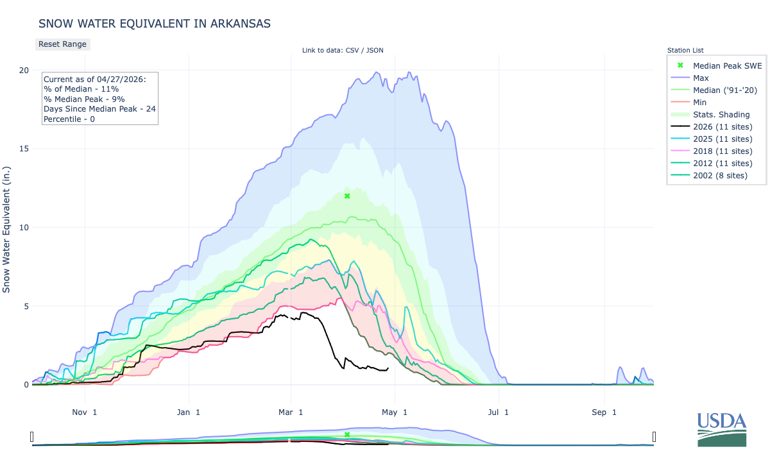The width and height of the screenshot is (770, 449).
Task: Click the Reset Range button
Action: click(x=62, y=44)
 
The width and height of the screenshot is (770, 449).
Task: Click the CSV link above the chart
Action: click(x=352, y=51)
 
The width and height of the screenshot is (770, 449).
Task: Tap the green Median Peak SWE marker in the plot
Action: click(x=347, y=196)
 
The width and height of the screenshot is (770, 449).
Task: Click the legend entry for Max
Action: click(x=701, y=78)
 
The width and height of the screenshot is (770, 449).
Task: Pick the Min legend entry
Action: click(x=700, y=102)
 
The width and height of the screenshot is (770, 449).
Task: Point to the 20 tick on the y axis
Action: click(x=24, y=70)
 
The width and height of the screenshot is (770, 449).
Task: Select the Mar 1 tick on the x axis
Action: click(x=292, y=412)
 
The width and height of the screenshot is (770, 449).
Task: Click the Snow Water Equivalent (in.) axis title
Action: click(x=7, y=227)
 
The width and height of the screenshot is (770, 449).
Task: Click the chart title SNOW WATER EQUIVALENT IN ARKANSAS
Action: click(x=154, y=24)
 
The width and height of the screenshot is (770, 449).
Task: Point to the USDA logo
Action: click(x=721, y=428)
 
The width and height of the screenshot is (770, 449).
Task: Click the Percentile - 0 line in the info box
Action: click(x=69, y=119)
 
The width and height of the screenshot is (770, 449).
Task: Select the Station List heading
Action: click(x=685, y=50)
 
